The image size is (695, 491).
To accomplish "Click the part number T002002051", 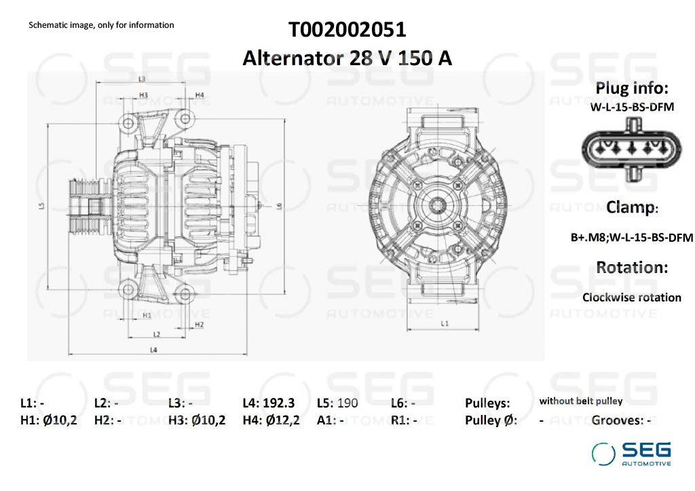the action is (x=347, y=30).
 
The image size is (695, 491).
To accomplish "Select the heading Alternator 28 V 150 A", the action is (x=347, y=58).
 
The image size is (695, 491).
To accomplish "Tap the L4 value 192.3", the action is (x=278, y=403).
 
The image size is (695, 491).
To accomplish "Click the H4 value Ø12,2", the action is (x=283, y=420).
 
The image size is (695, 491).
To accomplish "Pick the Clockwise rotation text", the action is (x=632, y=297).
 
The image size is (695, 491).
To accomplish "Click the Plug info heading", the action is (x=632, y=88).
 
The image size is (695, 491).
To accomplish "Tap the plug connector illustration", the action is (x=632, y=149).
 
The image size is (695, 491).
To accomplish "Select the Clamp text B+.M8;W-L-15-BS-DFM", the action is (x=632, y=237).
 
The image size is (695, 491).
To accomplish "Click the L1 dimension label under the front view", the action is (x=445, y=323).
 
